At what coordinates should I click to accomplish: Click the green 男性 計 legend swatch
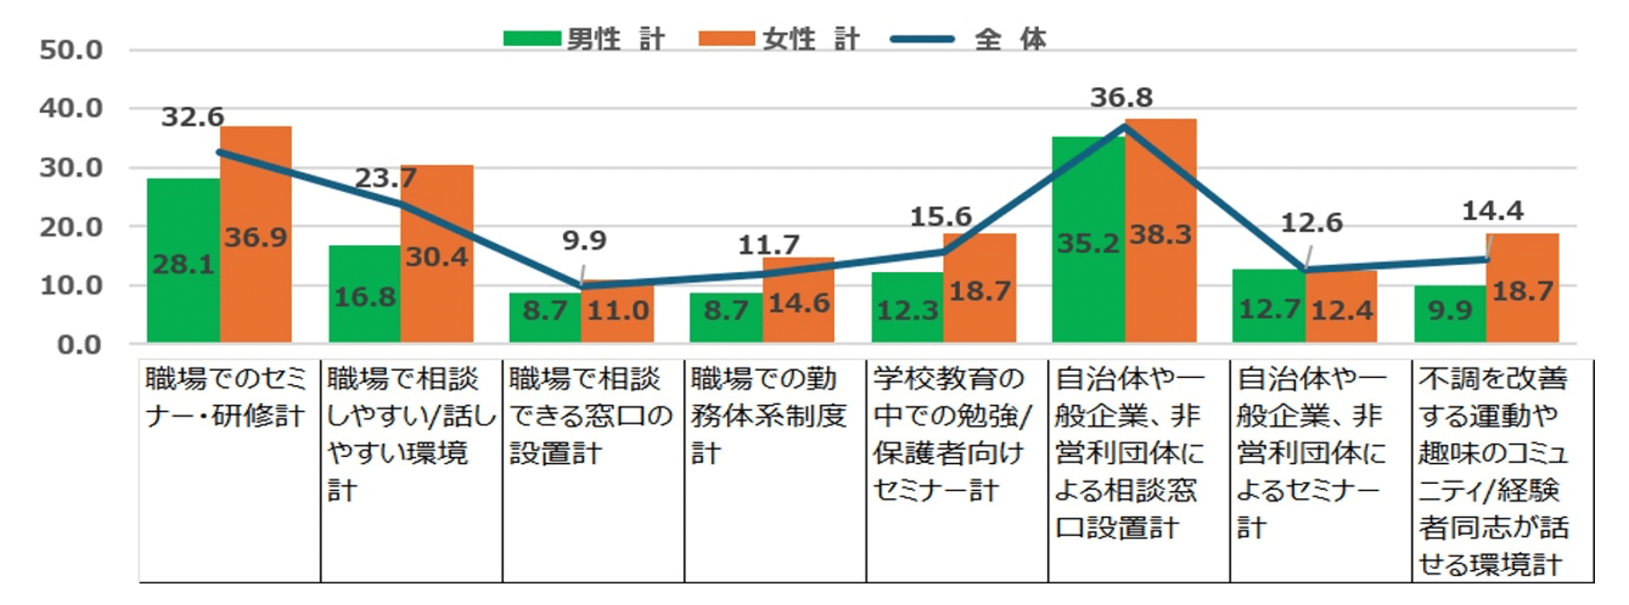pyautogui.click(x=532, y=39)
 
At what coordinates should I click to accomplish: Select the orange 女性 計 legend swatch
pyautogui.click(x=726, y=39)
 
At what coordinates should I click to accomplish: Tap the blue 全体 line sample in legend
pyautogui.click(x=921, y=39)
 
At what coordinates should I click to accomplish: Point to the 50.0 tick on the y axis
pyautogui.click(x=71, y=50)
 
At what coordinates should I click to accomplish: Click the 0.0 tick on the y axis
pyautogui.click(x=80, y=345)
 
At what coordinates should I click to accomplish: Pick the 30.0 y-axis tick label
pyautogui.click(x=71, y=168)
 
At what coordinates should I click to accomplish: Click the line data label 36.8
pyautogui.click(x=1121, y=97)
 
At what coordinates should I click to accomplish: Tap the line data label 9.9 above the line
pyautogui.click(x=585, y=241)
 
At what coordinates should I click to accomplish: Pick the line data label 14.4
pyautogui.click(x=1493, y=211)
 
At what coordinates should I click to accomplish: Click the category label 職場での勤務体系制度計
pyautogui.click(x=769, y=416)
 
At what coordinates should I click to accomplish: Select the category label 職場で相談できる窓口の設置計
pyautogui.click(x=589, y=416)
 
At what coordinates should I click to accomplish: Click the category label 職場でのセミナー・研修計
pyautogui.click(x=225, y=397)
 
